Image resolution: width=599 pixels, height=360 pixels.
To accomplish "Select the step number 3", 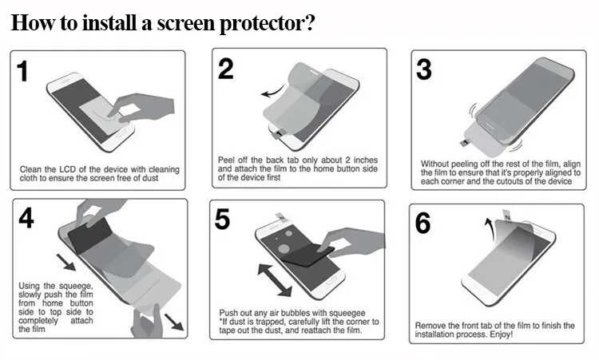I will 424,69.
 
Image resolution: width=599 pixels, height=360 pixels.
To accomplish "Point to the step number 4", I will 27,218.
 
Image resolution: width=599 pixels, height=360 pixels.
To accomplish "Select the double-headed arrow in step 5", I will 274,279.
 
